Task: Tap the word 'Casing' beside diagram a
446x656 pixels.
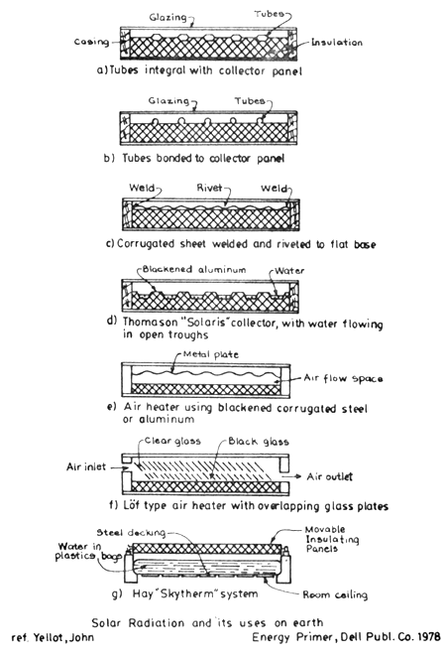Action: click(x=90, y=43)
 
